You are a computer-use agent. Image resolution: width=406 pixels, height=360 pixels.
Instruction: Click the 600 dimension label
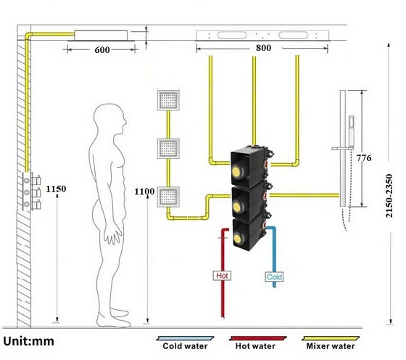(x=102, y=50)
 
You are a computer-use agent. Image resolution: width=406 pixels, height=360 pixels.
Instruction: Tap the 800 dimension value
(x=264, y=48)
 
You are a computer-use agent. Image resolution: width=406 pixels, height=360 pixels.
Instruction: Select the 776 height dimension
(x=364, y=157)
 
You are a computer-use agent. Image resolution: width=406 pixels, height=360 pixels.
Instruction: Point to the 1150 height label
(x=57, y=189)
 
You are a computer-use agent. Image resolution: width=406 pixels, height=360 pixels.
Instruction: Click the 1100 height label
(x=144, y=192)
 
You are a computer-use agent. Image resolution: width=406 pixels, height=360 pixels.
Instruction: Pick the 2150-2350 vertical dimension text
(x=389, y=196)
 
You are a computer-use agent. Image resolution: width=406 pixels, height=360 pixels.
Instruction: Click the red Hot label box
(x=222, y=276)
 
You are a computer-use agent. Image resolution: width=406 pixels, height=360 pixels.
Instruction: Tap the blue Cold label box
(x=274, y=277)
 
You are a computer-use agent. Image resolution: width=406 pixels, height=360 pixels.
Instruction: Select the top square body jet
(x=168, y=100)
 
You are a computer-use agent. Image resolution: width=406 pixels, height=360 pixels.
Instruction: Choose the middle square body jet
(x=168, y=149)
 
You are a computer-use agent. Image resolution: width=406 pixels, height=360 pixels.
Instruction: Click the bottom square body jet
(x=168, y=197)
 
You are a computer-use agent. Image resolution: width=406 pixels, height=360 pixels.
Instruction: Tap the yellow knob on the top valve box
(x=236, y=171)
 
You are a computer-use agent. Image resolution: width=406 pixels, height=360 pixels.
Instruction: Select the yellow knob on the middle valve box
(x=236, y=206)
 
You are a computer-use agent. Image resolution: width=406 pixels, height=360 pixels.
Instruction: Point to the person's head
(x=110, y=119)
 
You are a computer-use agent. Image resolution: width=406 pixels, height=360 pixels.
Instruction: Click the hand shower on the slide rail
(x=351, y=131)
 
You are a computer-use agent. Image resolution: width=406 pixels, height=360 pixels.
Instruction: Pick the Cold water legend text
(x=185, y=346)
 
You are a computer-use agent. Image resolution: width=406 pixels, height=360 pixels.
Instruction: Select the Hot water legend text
(x=255, y=346)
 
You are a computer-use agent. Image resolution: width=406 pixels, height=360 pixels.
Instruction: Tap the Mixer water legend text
(x=331, y=346)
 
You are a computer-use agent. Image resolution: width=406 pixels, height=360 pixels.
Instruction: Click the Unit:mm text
(x=29, y=341)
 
